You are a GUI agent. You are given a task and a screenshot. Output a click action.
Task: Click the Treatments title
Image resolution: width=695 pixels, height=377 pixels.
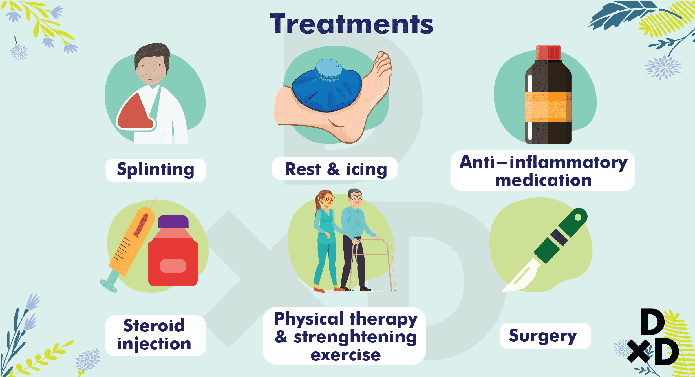click(x=352, y=24)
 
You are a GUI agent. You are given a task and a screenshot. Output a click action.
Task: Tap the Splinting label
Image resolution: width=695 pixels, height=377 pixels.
click(x=156, y=170)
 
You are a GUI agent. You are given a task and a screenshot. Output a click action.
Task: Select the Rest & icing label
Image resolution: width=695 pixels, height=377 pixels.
click(x=336, y=169)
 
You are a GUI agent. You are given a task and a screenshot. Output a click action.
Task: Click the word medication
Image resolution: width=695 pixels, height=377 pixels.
click(x=543, y=180)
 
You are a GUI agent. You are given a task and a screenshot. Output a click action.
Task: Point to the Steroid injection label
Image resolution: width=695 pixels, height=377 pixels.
click(x=154, y=335)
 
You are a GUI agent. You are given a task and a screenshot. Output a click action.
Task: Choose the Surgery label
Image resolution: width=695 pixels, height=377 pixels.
click(x=543, y=336)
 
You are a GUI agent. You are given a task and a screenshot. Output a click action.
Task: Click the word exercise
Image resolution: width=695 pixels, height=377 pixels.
click(x=345, y=355)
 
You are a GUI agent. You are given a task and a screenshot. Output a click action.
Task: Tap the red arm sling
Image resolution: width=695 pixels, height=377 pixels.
click(x=136, y=112)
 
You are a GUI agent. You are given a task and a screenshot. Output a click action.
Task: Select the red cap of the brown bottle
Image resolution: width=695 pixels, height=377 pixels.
click(x=548, y=52)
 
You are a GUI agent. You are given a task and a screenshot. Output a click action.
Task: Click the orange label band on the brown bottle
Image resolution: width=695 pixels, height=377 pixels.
click(x=548, y=107)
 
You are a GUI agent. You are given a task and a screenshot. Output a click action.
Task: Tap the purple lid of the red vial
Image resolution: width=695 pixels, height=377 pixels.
click(x=173, y=222)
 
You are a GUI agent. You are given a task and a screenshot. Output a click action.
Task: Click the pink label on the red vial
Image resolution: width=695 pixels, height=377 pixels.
click(x=173, y=266)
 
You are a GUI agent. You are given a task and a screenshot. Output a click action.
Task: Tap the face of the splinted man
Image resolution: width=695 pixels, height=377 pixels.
click(x=150, y=70)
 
